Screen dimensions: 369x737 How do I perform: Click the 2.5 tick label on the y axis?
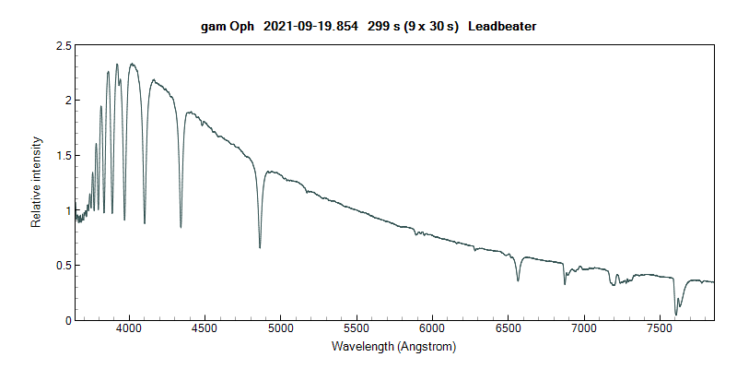point(64,45)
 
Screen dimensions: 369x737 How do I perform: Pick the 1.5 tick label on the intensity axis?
point(64,155)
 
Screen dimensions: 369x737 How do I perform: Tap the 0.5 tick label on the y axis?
point(64,266)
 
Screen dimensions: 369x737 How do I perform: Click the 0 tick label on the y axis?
point(68,320)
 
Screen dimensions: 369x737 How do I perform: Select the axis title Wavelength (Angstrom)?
point(393,348)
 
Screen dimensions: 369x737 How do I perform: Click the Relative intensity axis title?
point(38,182)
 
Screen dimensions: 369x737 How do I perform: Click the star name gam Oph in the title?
point(228,27)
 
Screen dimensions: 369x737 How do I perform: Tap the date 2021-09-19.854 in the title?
point(310,27)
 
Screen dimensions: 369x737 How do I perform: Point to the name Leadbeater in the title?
point(502,27)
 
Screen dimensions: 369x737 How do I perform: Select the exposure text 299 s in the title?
point(384,27)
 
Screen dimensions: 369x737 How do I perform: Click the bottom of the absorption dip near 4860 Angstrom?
point(260,247)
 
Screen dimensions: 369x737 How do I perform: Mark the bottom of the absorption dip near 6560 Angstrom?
point(518,280)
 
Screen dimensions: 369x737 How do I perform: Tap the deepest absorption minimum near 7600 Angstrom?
point(676,315)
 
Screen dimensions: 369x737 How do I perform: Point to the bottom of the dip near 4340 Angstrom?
point(181,227)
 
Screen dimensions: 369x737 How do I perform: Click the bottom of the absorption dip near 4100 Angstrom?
point(145,223)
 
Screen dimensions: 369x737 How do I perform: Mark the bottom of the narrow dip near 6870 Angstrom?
point(565,283)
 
